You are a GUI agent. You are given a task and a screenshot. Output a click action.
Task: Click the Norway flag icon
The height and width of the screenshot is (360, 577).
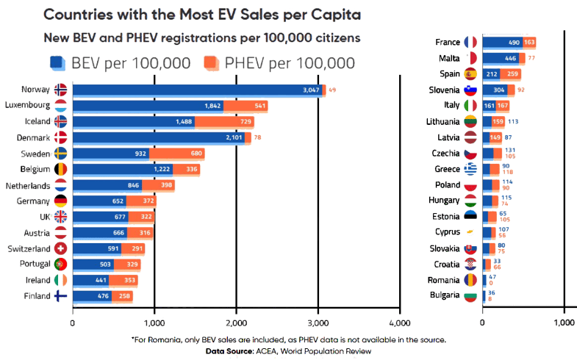61,90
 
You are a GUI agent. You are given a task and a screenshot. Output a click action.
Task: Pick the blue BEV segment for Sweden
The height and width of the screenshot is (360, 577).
110,153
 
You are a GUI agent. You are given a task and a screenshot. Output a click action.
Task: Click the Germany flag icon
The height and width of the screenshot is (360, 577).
61,201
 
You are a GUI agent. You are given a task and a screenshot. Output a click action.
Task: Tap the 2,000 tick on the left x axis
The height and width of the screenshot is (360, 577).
236,322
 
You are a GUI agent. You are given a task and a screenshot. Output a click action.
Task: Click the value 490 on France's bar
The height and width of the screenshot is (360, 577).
512,42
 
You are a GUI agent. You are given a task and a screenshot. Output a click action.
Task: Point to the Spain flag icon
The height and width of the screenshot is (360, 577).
471,73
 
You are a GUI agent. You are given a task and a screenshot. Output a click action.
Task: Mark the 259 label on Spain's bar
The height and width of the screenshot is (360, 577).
513,73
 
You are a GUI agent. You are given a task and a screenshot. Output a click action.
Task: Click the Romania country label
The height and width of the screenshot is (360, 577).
443,280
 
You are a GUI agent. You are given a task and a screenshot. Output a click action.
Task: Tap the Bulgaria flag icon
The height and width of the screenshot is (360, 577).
471,296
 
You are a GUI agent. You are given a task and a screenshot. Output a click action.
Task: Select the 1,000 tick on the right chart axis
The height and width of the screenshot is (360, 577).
564,322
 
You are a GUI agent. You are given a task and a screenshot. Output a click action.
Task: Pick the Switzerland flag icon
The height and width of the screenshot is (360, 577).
61,248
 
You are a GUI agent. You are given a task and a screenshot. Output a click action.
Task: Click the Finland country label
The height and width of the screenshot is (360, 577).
36,296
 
